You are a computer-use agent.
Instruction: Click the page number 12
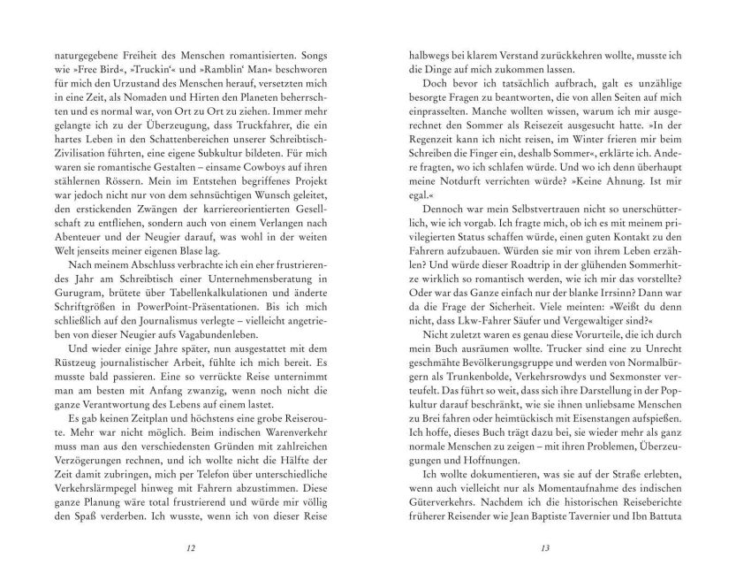coord(192,548)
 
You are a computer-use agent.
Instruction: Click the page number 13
coord(544,548)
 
